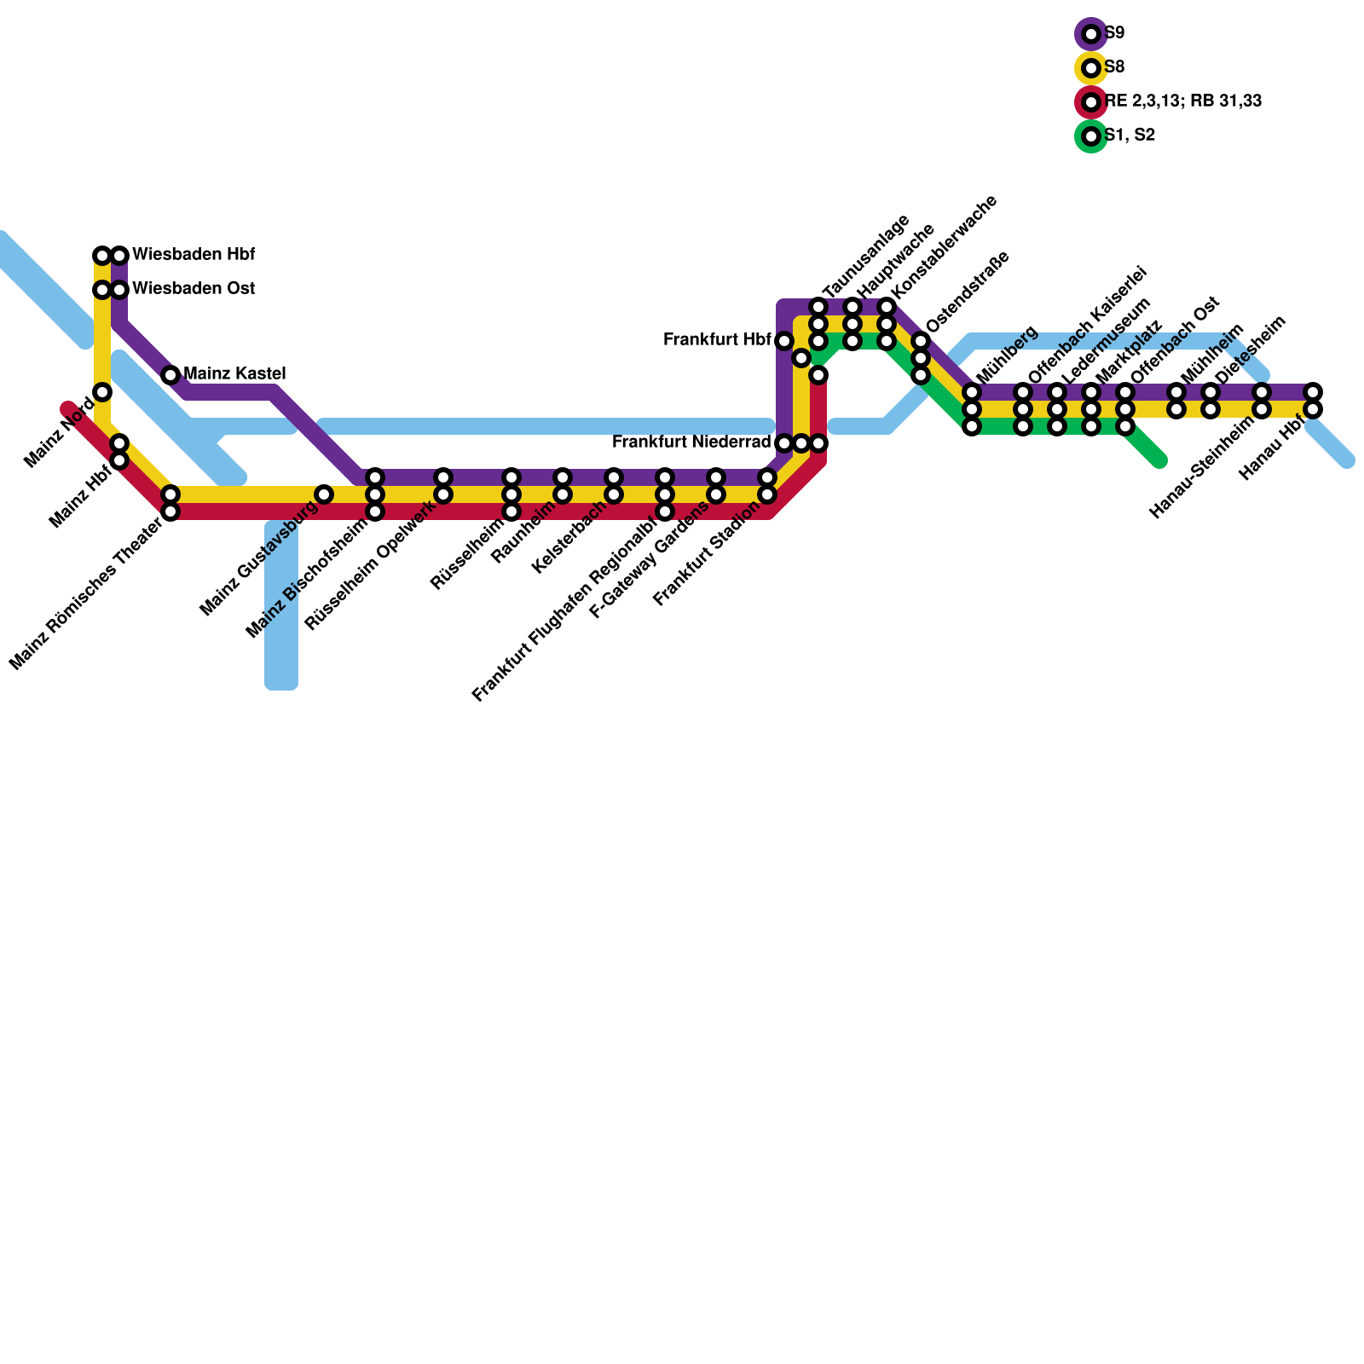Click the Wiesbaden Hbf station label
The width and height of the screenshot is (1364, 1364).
click(194, 255)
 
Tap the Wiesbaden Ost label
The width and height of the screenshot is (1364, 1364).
click(194, 289)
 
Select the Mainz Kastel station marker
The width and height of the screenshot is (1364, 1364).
click(170, 375)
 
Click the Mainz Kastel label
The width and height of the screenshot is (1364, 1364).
click(234, 373)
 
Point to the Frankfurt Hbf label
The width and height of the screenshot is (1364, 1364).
click(717, 340)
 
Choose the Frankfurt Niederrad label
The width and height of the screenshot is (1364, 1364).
click(691, 442)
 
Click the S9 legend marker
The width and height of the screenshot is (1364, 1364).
click(1091, 34)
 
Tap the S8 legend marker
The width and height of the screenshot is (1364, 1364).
click(1091, 68)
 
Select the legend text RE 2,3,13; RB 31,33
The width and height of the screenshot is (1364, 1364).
click(1183, 101)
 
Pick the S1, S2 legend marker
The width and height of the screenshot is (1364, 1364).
click(1091, 136)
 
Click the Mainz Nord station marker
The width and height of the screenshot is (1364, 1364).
click(102, 392)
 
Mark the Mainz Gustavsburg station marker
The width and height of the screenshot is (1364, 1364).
click(324, 494)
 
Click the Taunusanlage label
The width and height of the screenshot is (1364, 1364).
click(866, 256)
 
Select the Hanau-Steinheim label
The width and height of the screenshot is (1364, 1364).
click(1203, 467)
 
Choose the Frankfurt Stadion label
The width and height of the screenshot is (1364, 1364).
click(707, 554)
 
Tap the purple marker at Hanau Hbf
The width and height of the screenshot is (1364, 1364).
click(1313, 392)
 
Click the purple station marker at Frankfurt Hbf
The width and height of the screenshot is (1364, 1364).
click(784, 341)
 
